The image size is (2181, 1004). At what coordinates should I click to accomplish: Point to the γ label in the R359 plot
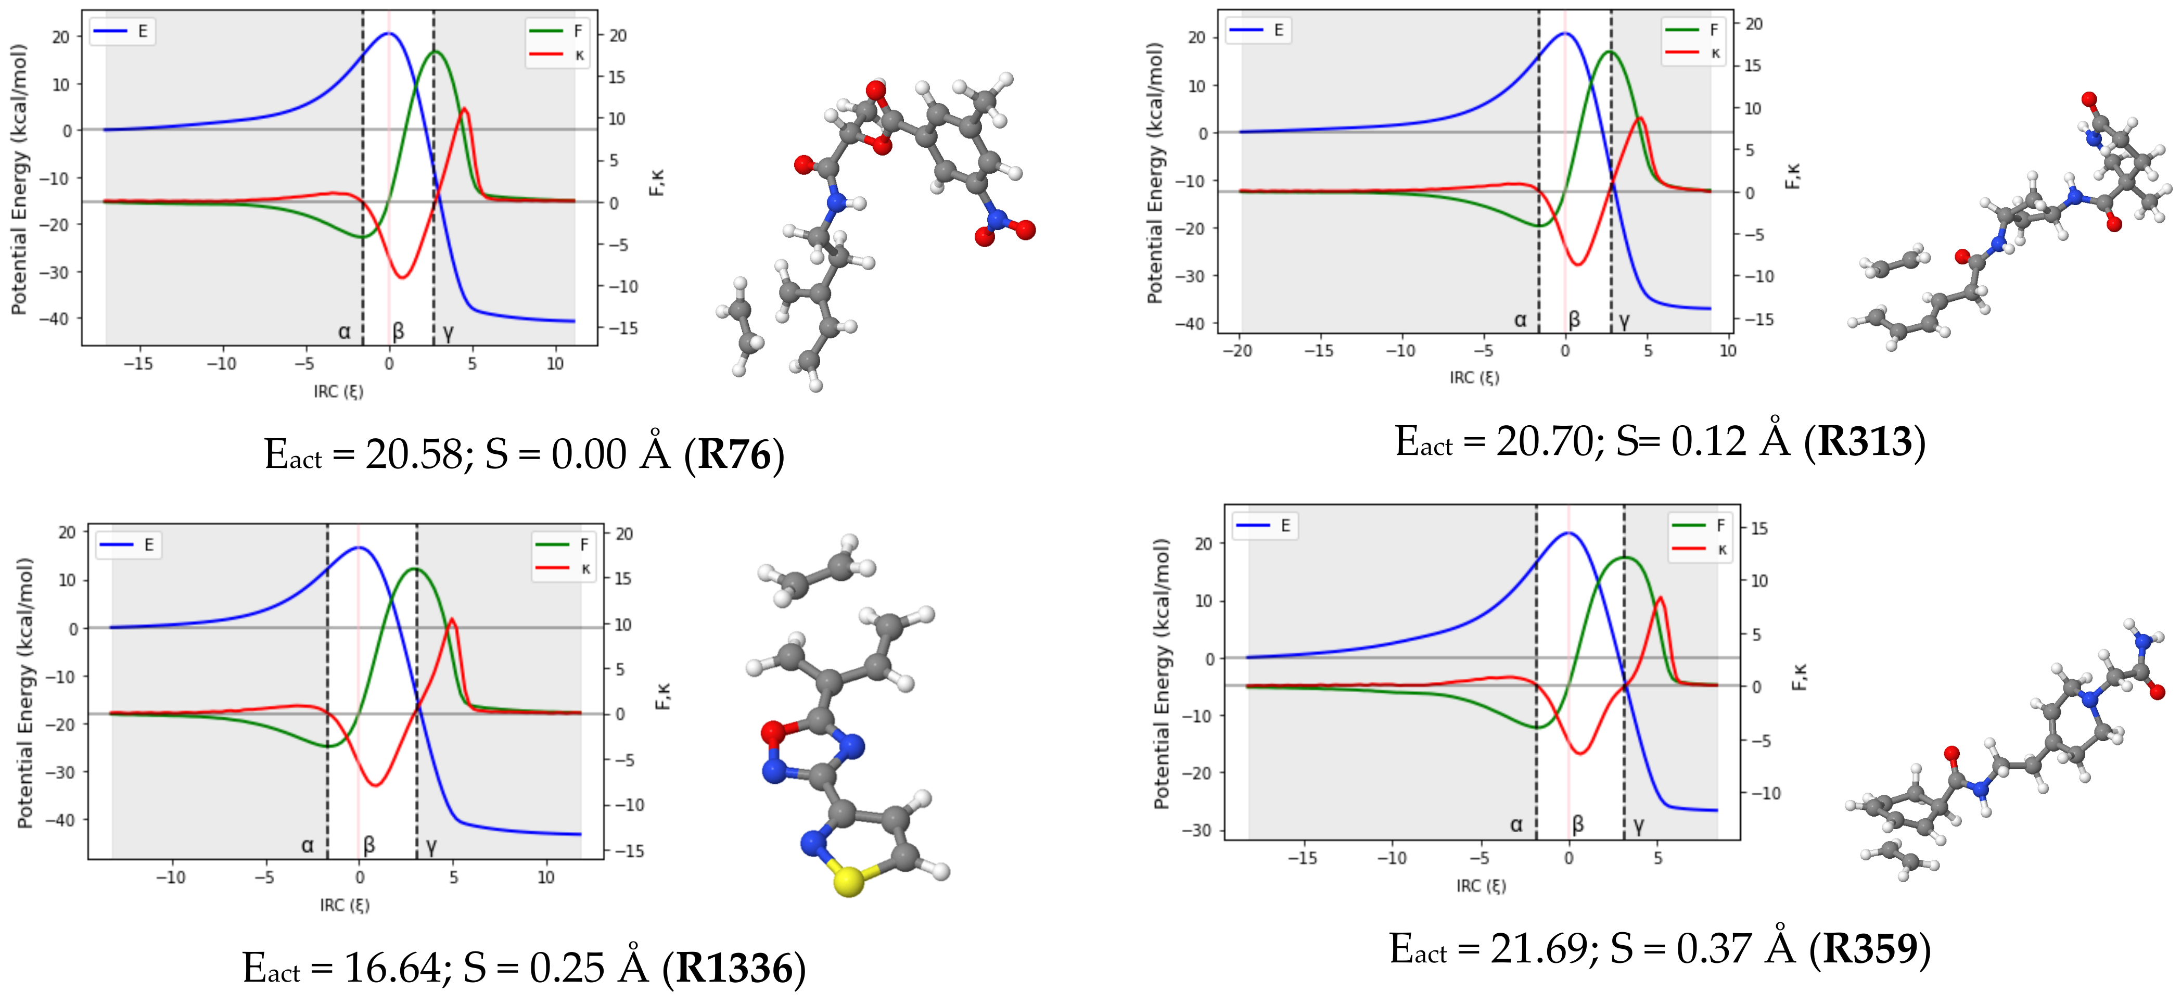point(1638,824)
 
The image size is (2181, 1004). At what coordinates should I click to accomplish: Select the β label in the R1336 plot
point(369,844)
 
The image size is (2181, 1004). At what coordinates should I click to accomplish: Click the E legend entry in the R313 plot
point(1278,31)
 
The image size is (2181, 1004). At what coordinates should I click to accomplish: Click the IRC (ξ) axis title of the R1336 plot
point(344,905)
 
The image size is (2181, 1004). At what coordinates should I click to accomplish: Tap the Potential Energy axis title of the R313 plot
point(1155,173)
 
